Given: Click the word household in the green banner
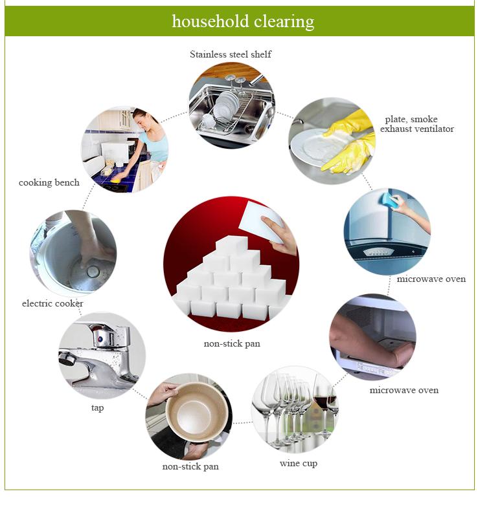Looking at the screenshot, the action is point(210,21).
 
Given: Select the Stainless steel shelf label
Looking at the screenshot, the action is point(231,54).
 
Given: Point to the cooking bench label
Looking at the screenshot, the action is point(49,182).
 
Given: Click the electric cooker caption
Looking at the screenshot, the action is point(52,303).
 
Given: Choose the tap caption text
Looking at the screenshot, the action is point(97,407).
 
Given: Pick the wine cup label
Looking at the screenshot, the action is point(298,463).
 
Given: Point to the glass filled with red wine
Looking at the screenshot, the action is point(321,400).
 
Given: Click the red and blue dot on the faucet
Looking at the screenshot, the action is point(100,340).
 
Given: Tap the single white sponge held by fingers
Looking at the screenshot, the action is point(261,221).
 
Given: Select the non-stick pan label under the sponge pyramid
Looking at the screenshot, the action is point(232,343).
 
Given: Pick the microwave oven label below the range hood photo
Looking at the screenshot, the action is point(431,279).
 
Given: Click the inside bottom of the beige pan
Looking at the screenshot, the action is point(191,413).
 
